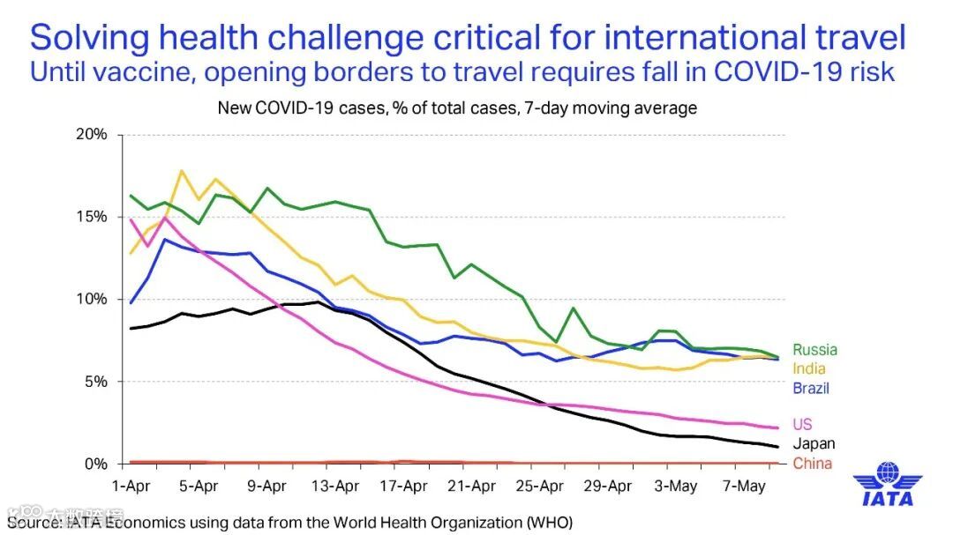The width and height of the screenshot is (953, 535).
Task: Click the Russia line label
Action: click(814, 350)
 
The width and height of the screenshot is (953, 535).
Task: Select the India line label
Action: click(809, 369)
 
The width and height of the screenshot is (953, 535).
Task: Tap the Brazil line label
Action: click(811, 388)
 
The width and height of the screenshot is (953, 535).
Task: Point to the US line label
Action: click(802, 425)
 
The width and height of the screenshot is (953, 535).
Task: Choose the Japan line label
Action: click(813, 444)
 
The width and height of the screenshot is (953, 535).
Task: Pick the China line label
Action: click(812, 464)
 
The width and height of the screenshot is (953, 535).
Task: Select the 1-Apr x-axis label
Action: click(131, 486)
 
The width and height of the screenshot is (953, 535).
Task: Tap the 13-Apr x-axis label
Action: click(335, 486)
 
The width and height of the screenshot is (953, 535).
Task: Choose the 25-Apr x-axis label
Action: click(540, 486)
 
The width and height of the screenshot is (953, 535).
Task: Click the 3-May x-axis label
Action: click(678, 486)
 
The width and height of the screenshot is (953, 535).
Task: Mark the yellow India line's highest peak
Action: click(182, 171)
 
